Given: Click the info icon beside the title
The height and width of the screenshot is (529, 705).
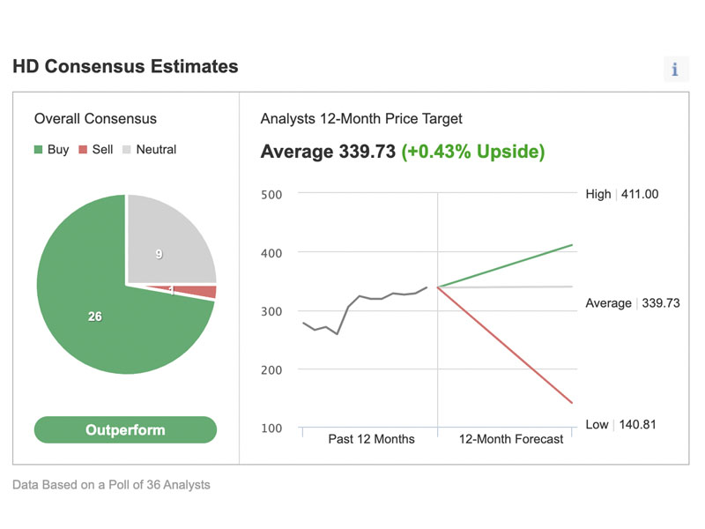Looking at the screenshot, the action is click(675, 70).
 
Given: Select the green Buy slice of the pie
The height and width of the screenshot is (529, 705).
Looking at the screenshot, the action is click(103, 324).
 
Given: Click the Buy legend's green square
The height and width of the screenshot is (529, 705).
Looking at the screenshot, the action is click(38, 149).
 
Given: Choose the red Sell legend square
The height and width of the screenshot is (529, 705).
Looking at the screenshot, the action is click(83, 149).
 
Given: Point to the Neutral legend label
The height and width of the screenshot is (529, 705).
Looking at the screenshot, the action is click(156, 149).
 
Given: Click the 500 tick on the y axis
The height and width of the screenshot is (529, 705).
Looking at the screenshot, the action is click(271, 195).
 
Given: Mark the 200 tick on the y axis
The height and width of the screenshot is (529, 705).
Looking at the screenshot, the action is click(271, 370).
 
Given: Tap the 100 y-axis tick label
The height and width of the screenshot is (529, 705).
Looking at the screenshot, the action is click(271, 428).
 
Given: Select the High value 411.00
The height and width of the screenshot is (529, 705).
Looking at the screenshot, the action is click(640, 194).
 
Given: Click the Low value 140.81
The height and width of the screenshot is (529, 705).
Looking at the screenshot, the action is click(637, 425).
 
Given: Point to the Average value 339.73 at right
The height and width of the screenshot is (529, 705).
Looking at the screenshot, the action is click(661, 303).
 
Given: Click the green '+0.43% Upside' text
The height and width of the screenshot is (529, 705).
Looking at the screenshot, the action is click(473, 152).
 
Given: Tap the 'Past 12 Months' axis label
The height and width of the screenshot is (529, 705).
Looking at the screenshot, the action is click(371, 439).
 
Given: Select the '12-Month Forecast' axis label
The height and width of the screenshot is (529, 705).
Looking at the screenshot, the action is click(511, 439).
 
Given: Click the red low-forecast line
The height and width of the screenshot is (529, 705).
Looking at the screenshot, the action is click(505, 345).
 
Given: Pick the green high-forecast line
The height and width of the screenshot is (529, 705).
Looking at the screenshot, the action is click(505, 266).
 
